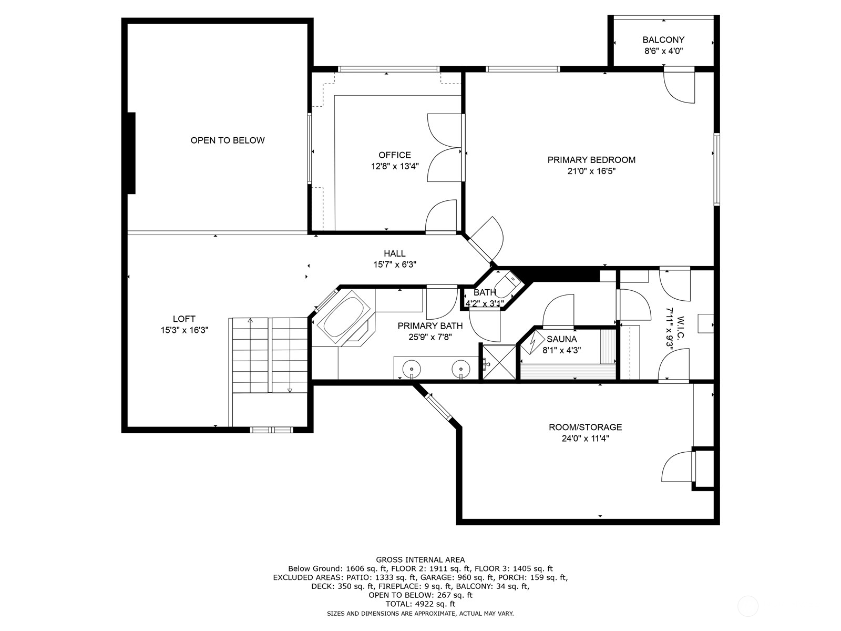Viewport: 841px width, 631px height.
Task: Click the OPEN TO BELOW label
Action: (x=227, y=140)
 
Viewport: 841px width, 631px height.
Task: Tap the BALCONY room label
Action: (x=663, y=40)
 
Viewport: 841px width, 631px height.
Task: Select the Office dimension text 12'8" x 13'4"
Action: (x=394, y=166)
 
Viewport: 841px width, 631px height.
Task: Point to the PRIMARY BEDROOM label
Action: (x=591, y=160)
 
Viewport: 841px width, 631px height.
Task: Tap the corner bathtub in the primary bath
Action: (x=344, y=318)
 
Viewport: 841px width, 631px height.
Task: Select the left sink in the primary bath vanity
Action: (x=411, y=368)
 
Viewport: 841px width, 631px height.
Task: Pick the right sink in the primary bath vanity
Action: (x=461, y=368)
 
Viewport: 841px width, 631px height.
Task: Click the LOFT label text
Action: (x=184, y=319)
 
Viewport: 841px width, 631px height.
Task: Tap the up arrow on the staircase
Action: (x=250, y=321)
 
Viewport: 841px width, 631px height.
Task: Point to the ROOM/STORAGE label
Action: (x=585, y=427)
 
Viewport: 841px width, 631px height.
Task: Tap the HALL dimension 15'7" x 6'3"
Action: (x=395, y=265)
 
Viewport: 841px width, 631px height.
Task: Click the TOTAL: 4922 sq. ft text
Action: (x=420, y=604)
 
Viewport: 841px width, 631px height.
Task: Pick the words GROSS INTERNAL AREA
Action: (x=420, y=559)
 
